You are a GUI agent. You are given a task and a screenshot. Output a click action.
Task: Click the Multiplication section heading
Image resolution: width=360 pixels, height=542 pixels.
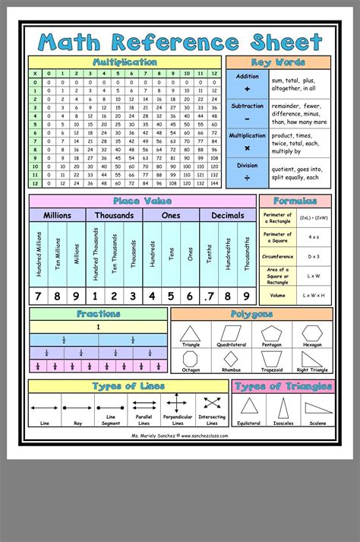[x=125, y=62]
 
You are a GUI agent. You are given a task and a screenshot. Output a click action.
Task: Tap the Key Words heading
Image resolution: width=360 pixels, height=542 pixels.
[x=278, y=62]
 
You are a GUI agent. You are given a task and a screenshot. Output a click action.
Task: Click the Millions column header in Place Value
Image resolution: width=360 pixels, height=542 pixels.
[x=57, y=215]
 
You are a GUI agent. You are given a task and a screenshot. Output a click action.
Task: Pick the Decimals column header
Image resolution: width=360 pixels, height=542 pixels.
[x=228, y=215]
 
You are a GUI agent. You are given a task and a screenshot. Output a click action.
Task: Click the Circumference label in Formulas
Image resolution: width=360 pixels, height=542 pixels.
[x=277, y=256]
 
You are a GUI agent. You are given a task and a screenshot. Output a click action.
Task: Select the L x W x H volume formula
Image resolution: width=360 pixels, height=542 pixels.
[x=313, y=294]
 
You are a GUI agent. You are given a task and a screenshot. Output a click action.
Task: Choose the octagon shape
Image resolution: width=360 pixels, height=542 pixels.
[x=191, y=359]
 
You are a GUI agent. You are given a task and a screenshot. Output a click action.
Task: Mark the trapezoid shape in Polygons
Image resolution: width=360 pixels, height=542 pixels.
[x=271, y=359]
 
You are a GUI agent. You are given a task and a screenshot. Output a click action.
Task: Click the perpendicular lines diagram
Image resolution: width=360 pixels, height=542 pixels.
[x=175, y=404]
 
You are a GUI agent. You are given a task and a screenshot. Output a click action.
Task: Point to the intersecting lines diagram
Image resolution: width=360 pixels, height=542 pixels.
[x=212, y=404]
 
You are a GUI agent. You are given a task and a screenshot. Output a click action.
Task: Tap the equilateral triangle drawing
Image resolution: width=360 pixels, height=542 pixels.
[x=248, y=407]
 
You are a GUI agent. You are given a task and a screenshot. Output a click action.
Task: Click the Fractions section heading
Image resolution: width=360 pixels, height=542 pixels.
[x=98, y=314]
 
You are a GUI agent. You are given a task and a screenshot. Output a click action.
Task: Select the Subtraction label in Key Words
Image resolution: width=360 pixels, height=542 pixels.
[x=247, y=106]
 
